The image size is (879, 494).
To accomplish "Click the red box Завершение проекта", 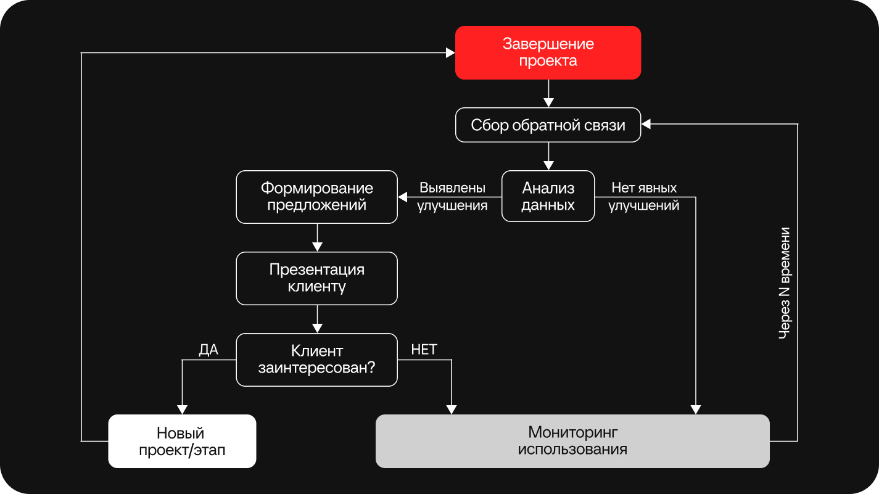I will (x=548, y=52).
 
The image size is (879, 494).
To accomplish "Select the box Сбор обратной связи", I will (x=548, y=125).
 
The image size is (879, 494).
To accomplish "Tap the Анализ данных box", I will (x=548, y=196).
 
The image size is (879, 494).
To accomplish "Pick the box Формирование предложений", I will (x=316, y=196).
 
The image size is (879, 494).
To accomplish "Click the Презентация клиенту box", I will (x=316, y=278).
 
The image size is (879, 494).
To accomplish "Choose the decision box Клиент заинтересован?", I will (x=316, y=360).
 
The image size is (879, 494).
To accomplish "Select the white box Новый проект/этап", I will (x=182, y=441).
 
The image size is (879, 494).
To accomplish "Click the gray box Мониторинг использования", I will (x=572, y=440).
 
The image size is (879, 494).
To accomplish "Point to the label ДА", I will (x=208, y=350).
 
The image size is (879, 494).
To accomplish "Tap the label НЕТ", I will (x=424, y=350).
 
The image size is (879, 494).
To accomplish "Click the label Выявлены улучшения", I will (x=452, y=197).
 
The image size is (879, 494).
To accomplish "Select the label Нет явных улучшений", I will (x=644, y=197).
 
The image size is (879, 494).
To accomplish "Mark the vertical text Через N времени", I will (x=785, y=283).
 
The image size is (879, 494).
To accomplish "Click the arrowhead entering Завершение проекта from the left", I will (x=451, y=53).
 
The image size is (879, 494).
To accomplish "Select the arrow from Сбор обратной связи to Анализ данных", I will (x=548, y=156).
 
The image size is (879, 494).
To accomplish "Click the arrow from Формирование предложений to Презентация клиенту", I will (x=317, y=237).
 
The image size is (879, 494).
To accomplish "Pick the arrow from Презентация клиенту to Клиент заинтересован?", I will (x=317, y=319).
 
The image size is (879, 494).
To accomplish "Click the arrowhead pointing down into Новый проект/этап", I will (x=182, y=410).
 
